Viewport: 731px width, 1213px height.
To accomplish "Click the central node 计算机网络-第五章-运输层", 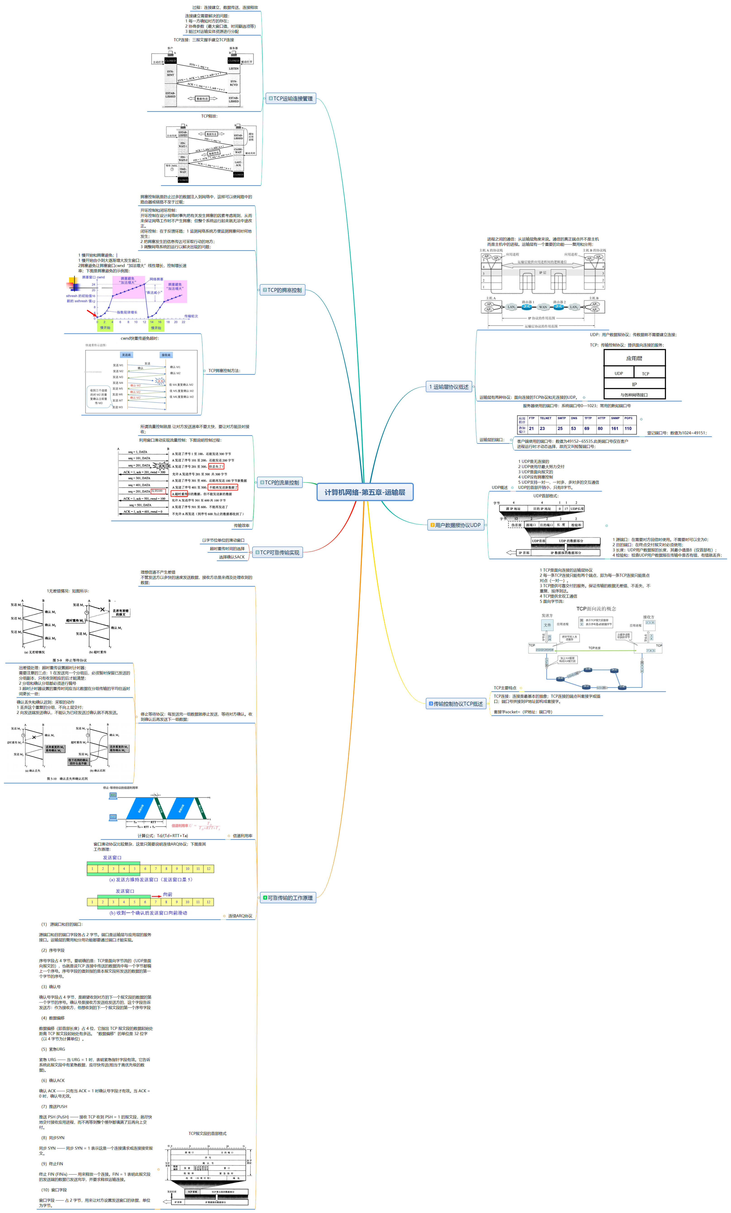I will coord(364,492).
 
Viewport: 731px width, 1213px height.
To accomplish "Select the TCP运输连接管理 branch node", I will coord(291,98).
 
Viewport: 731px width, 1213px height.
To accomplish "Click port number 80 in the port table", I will coord(600,428).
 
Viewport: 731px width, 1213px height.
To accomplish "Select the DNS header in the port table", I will coord(574,418).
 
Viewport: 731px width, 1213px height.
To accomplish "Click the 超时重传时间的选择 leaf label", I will coord(227,548).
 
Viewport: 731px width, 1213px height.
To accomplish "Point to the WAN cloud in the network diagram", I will coord(543,307).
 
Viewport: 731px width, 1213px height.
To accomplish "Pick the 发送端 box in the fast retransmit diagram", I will coord(126,354).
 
